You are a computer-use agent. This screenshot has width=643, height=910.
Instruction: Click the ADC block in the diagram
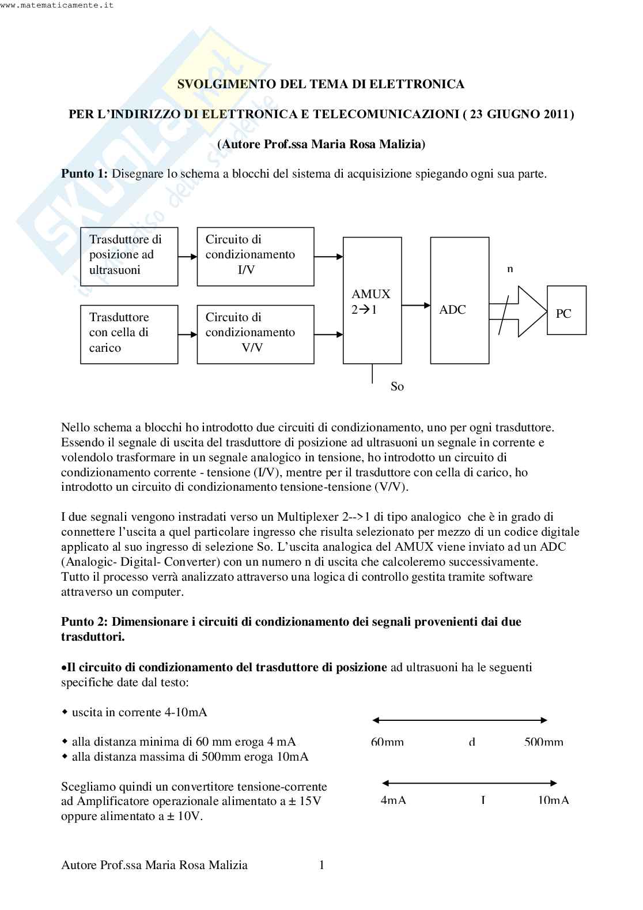click(459, 300)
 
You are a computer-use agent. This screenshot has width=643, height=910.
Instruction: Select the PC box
click(566, 310)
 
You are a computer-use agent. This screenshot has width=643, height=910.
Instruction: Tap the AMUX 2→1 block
click(372, 300)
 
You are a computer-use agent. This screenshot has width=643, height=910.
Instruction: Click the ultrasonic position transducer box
click(129, 256)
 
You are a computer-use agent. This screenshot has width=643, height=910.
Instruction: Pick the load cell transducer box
click(129, 334)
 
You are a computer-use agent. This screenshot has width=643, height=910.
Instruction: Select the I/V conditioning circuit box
click(255, 256)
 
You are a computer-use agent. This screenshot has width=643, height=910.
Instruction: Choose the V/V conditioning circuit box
click(255, 334)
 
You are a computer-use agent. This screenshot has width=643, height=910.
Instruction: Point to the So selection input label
click(397, 386)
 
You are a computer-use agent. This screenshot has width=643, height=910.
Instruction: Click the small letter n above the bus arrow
click(509, 269)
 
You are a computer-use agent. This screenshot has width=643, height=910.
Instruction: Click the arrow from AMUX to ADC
click(415, 307)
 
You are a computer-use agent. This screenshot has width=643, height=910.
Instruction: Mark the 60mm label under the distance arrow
click(387, 742)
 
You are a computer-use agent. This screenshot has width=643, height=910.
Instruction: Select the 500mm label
click(543, 742)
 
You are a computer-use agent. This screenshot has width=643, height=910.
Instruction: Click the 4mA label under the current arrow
click(393, 800)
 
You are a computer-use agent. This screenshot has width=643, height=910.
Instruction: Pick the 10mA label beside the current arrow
click(553, 800)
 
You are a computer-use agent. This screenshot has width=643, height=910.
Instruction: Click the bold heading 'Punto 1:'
click(84, 174)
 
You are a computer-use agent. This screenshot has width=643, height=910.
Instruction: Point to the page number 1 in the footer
click(321, 865)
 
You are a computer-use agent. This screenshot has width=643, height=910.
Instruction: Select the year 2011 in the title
click(556, 114)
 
